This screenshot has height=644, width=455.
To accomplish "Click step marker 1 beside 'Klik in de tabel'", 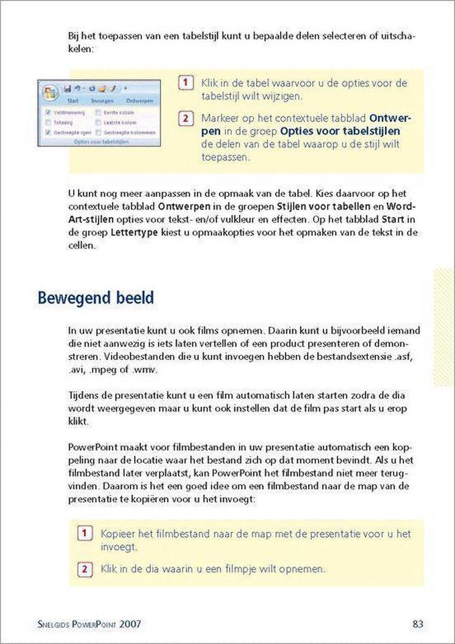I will tap(184, 83).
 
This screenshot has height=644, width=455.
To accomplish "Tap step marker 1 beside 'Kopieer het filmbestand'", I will tap(84, 533).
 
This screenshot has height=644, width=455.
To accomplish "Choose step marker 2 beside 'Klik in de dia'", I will tap(84, 569).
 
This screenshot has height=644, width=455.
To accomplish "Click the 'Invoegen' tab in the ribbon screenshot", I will tap(102, 100).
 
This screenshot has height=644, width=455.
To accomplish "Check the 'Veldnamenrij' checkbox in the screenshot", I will tap(48, 113).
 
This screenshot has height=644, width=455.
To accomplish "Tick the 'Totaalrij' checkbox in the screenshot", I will tap(48, 122).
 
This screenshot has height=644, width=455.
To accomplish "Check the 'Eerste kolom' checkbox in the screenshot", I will tap(98, 113).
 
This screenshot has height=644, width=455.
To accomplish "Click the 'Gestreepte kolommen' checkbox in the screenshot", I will tap(98, 131).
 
